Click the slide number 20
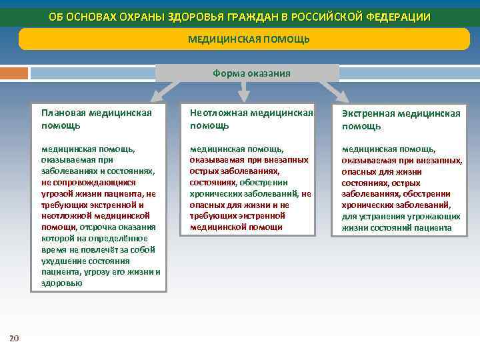14,339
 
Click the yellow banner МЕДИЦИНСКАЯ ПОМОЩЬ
249,39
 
